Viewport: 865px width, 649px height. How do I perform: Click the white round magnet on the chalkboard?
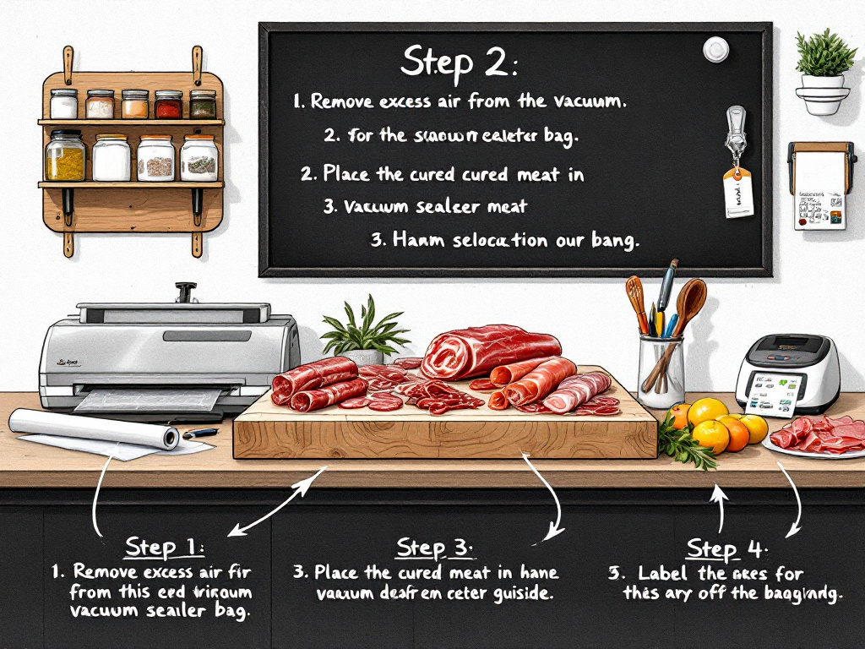(x=715, y=49)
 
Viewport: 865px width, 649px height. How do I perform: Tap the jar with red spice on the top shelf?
(x=167, y=105)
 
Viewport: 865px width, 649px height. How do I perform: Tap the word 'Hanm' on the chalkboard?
(x=412, y=239)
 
